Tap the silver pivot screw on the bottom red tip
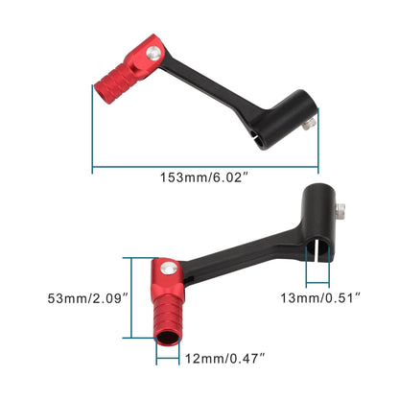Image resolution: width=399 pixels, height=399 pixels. click(167, 268)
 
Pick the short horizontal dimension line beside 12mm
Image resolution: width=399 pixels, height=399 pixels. click(168, 360)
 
